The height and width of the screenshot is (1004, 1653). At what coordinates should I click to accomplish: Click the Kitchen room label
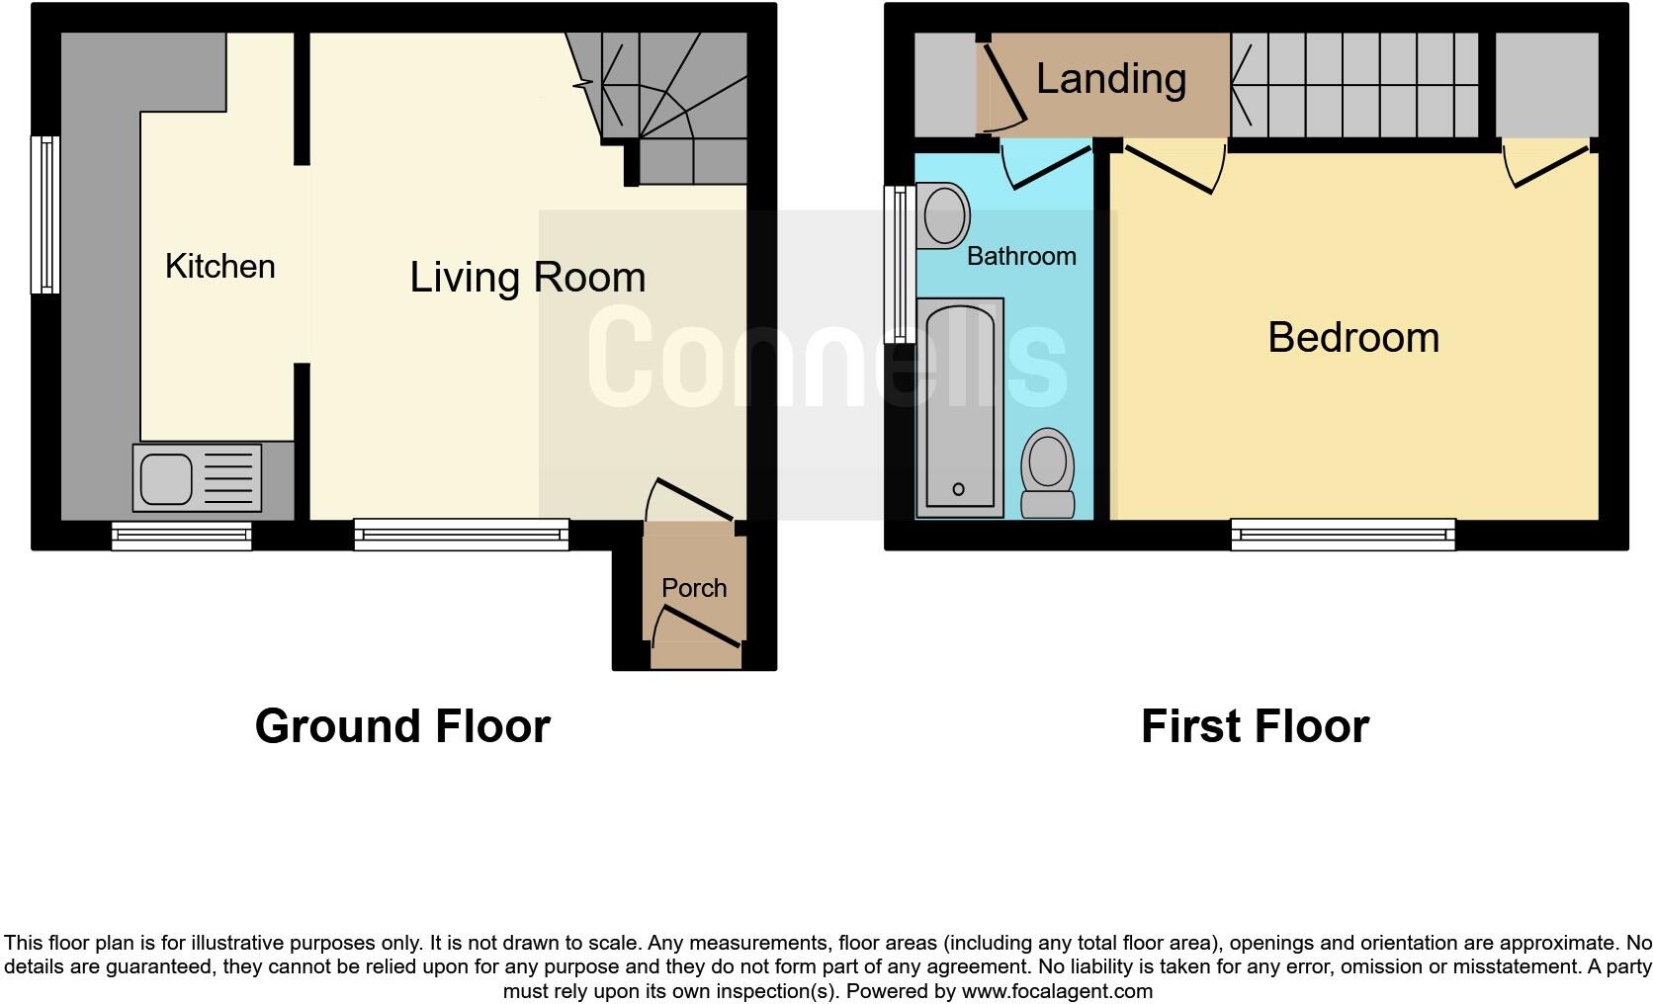(x=219, y=267)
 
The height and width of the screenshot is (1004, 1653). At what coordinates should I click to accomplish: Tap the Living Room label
(x=527, y=278)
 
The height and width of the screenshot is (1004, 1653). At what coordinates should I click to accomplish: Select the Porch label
(x=694, y=589)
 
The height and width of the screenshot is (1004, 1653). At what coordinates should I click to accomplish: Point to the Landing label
(x=1111, y=79)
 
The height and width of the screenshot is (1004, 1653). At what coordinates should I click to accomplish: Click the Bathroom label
(x=1021, y=257)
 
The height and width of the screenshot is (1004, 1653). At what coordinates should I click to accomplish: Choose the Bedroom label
(x=1352, y=338)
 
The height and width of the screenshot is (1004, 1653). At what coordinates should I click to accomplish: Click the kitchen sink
(x=197, y=478)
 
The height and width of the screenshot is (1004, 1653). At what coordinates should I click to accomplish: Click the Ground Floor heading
(x=402, y=726)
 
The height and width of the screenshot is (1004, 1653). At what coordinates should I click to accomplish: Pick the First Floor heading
(x=1255, y=726)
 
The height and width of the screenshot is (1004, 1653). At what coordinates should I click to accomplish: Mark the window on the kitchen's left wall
(x=45, y=214)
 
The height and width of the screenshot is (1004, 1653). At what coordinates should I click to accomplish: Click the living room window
(x=462, y=536)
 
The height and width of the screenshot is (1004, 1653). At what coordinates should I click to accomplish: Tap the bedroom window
(x=1343, y=536)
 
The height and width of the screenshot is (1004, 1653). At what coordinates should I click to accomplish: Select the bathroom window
(x=900, y=264)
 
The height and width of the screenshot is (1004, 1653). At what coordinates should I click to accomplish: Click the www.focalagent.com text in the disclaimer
(x=1056, y=991)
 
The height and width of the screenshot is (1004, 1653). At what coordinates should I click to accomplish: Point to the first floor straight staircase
(x=1354, y=85)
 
